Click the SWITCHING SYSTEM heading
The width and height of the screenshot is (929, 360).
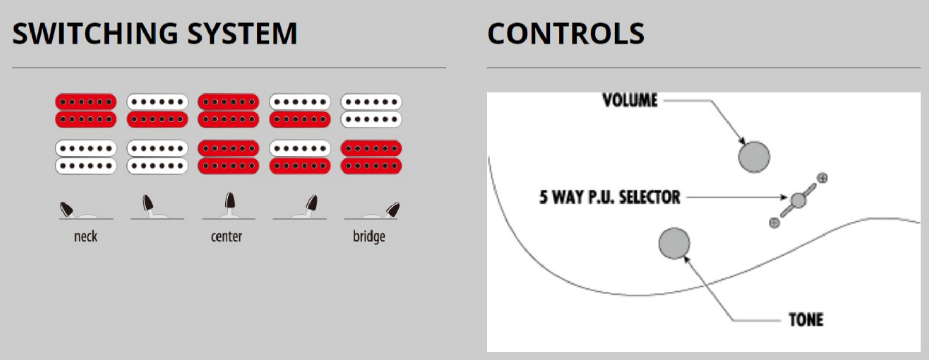click(x=155, y=34)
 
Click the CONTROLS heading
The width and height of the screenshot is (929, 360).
click(x=566, y=34)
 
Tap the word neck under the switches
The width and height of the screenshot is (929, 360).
click(x=86, y=237)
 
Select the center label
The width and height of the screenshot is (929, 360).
click(x=226, y=237)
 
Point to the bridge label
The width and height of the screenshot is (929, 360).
click(x=369, y=237)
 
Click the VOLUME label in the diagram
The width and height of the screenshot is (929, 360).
click(x=630, y=100)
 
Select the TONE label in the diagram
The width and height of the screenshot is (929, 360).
click(x=806, y=320)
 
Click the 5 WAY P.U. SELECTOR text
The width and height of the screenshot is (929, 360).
click(x=610, y=197)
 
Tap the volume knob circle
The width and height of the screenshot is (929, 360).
click(x=754, y=156)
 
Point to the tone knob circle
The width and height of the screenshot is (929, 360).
click(x=674, y=243)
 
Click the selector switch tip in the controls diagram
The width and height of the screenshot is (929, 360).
click(x=798, y=200)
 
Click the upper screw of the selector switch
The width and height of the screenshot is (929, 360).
click(x=822, y=178)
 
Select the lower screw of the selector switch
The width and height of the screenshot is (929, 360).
click(x=774, y=223)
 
